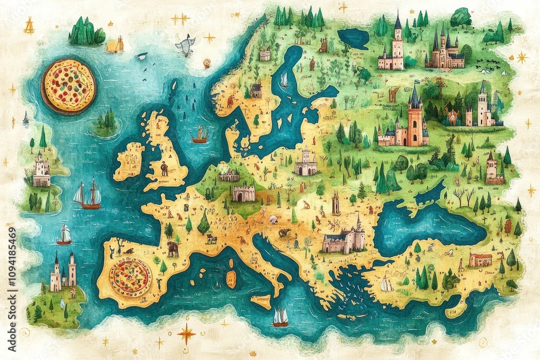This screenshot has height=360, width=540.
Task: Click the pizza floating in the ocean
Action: point(69,86)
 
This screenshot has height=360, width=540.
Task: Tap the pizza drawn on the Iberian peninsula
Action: point(130,277)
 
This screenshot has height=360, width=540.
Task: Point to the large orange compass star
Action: point(186,334)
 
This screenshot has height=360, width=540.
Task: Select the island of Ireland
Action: point(129,161)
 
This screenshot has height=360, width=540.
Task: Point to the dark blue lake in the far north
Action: point(353,38)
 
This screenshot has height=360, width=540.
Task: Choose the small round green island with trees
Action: point(106,125)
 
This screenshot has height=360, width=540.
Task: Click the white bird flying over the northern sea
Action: point(185,46)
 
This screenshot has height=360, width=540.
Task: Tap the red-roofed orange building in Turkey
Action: point(480,260)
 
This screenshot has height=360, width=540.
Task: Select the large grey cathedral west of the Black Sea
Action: point(345,240)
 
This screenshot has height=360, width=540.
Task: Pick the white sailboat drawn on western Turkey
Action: point(387,283)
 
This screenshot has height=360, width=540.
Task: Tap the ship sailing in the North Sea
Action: point(200,135)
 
